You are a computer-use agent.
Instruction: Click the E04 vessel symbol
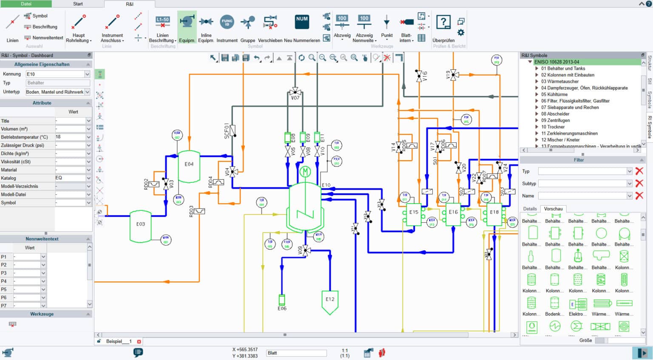coord(189,166)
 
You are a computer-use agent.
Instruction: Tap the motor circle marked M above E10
coord(305,172)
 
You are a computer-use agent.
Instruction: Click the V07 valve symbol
coord(295,92)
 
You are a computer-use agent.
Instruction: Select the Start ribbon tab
coord(78,4)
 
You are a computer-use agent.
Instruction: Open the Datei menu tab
coord(26,4)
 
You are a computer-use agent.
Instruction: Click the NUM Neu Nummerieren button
coord(302,28)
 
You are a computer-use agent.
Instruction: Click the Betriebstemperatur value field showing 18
coord(70,137)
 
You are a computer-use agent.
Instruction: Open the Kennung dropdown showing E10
coord(57,74)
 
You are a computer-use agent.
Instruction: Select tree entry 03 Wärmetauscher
coord(559,81)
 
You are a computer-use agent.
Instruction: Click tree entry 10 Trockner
coord(553,127)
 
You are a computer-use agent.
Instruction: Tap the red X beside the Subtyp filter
coord(639,183)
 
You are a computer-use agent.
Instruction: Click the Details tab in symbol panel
coord(530,209)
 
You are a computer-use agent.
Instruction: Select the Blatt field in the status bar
coord(296,353)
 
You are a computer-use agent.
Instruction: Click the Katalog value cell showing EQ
coord(70,178)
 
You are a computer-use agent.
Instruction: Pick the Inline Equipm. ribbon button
coord(206,28)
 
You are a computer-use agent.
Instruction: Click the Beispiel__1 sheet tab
coord(119,341)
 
